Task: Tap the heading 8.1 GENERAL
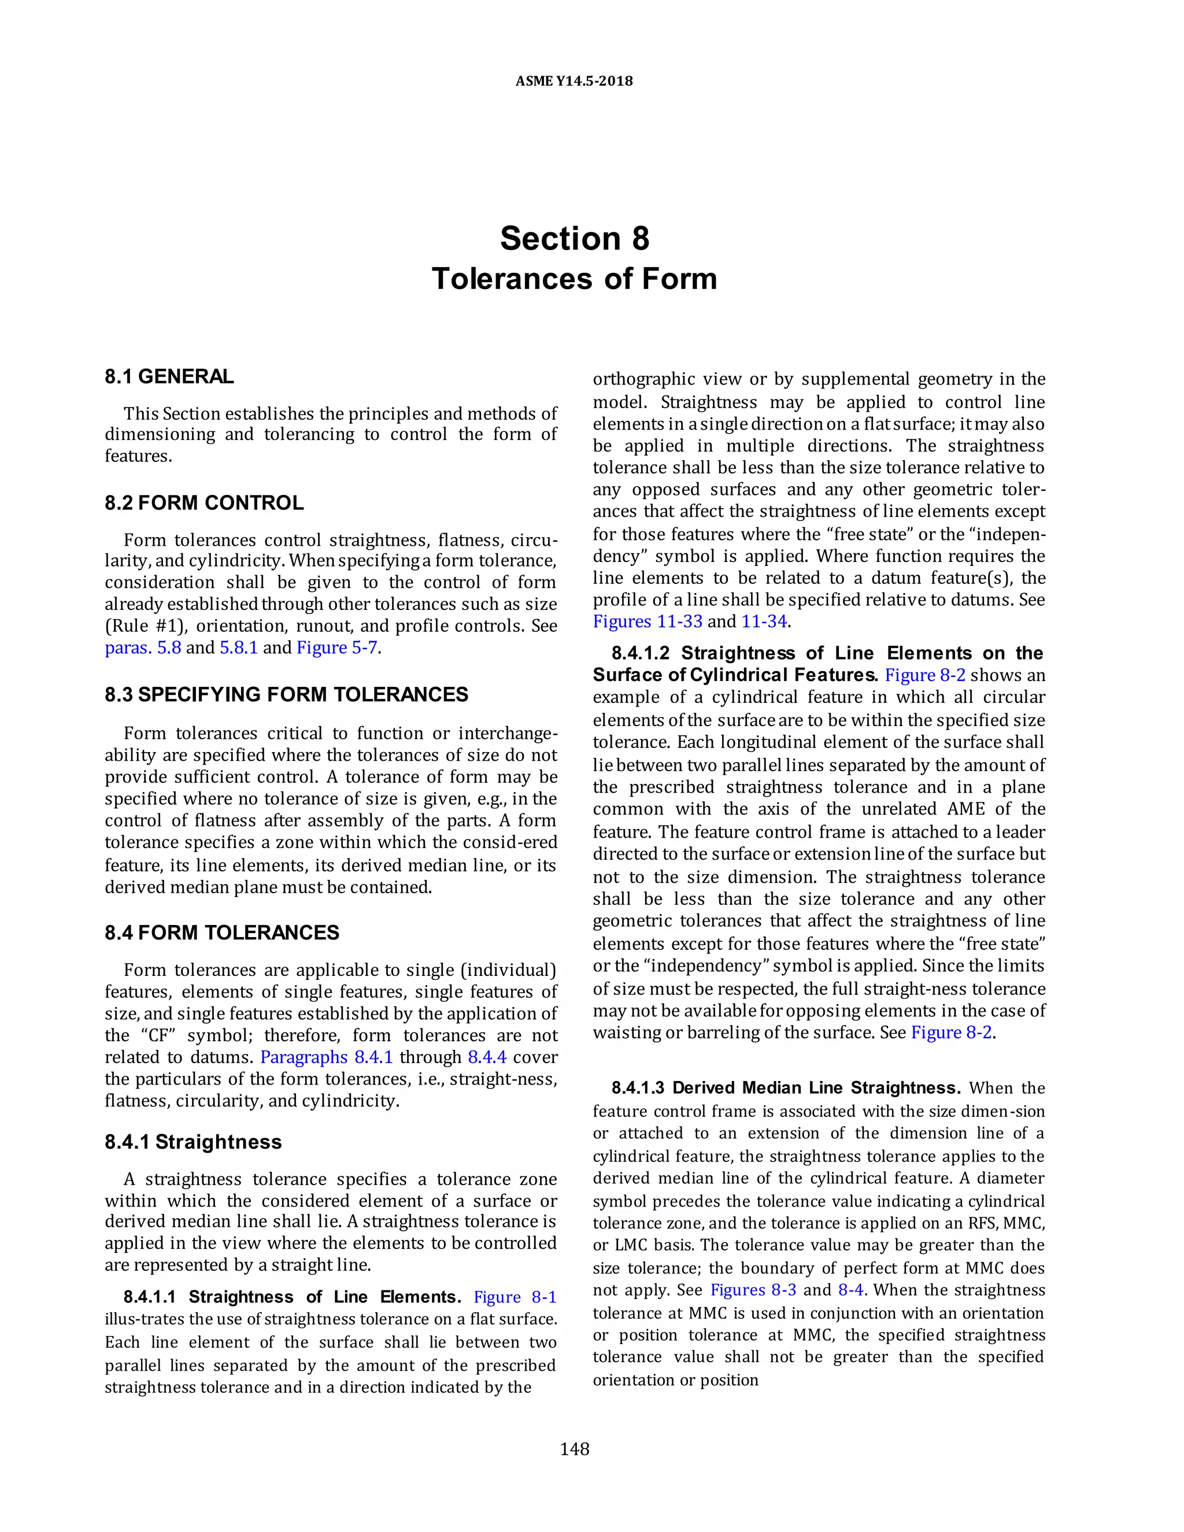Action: coord(169,377)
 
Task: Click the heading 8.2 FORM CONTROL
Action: coord(204,503)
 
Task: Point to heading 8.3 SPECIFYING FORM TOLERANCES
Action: coord(286,694)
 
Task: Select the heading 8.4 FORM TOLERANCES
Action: coord(221,932)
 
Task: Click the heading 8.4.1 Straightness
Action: coord(193,1141)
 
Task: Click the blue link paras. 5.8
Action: coord(142,647)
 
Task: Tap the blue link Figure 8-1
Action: coord(515,1297)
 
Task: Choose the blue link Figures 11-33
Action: coord(647,621)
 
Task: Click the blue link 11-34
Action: coord(764,621)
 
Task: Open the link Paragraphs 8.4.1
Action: coord(326,1057)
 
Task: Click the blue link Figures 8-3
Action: coord(753,1290)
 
